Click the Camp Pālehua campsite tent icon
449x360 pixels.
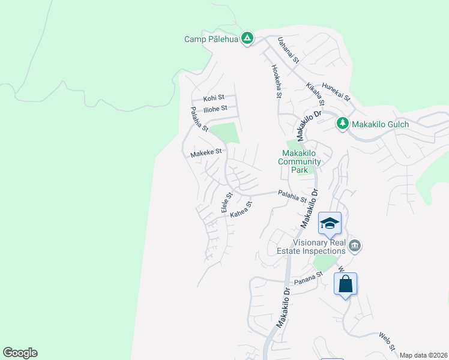[247, 39]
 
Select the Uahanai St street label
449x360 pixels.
[288, 50]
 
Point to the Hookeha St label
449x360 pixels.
[276, 81]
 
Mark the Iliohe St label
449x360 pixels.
[215, 109]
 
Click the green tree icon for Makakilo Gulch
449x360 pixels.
[342, 124]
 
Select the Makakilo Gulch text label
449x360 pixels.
[381, 124]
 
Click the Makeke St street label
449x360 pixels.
[206, 153]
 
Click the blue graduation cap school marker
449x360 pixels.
[329, 224]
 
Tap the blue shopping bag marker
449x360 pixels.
[345, 283]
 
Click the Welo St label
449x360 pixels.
[387, 341]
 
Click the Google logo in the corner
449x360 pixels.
[20, 353]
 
